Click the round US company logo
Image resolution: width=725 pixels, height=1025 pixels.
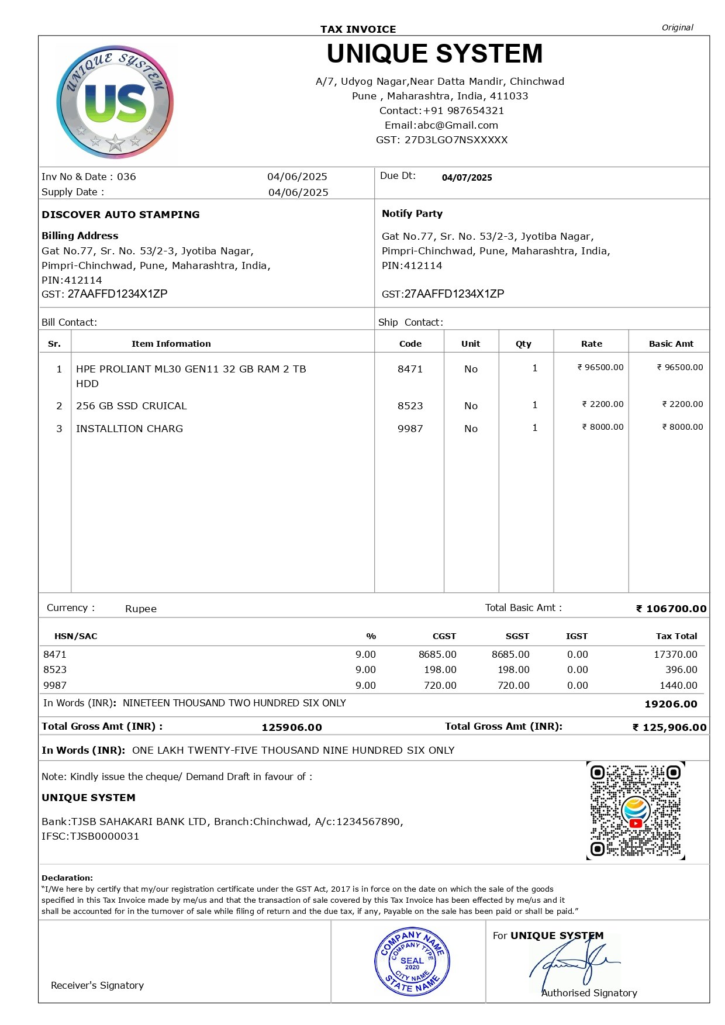coord(115,102)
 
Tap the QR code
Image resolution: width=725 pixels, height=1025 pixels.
coord(636,810)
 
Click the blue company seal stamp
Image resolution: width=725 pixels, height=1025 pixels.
coord(412,961)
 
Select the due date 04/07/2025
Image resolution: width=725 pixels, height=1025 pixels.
coord(467,178)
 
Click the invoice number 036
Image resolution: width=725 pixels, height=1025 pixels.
coord(126,177)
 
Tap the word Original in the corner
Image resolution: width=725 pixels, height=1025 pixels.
coord(677,27)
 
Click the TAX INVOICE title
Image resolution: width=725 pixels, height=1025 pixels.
coord(358,29)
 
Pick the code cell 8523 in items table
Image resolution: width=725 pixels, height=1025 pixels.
coord(410,406)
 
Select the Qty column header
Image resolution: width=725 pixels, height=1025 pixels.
coord(523,344)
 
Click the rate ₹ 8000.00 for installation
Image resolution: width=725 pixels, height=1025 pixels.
coord(603,427)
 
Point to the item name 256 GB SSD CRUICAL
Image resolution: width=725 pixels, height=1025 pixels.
coord(132,406)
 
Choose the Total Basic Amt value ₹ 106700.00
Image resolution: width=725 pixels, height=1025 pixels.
coord(671,609)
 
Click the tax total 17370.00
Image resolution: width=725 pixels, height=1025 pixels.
coord(675,654)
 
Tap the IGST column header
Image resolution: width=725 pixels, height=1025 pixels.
coord(576,636)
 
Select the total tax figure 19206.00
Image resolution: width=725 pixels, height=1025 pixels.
coord(671,704)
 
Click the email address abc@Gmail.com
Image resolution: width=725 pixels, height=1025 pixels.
coord(457,125)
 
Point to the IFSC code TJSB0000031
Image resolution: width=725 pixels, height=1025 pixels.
coord(105,836)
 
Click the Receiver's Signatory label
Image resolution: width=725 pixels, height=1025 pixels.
coord(97,985)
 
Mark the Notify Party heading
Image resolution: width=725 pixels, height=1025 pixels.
coord(412,213)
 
